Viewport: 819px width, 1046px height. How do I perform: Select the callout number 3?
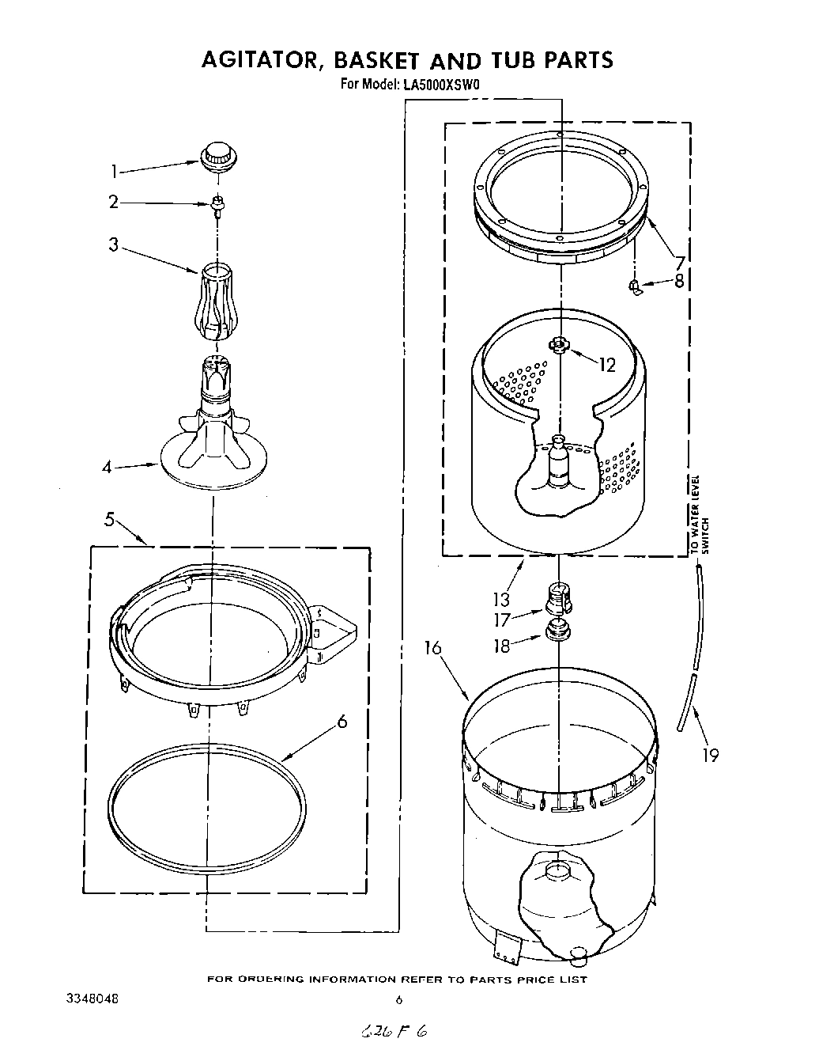pos(114,244)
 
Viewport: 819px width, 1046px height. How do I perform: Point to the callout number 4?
pos(106,467)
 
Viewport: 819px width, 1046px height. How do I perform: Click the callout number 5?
pos(110,519)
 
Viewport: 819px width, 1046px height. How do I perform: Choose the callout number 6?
pos(342,721)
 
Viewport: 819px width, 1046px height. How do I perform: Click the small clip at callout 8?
pos(635,286)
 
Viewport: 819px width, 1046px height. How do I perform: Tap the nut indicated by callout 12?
pos(560,344)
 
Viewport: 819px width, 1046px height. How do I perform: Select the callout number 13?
pos(501,599)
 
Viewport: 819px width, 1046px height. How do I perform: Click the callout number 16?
pos(432,649)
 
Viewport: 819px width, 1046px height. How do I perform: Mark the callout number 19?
pos(710,755)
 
